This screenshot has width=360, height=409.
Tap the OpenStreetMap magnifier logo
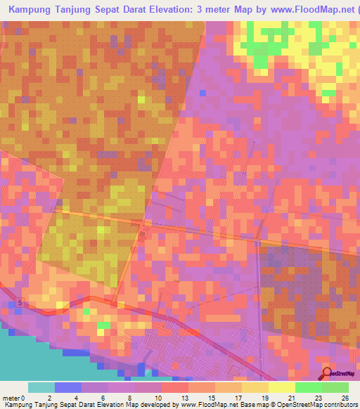coord(327,373)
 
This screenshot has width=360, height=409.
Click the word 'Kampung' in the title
coord(32,10)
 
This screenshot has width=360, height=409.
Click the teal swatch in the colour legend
coord(41,387)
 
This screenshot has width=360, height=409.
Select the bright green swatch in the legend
coord(308,387)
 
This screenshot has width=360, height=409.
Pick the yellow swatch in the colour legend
coord(281,387)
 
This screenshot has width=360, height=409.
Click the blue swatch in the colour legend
coord(68,387)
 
